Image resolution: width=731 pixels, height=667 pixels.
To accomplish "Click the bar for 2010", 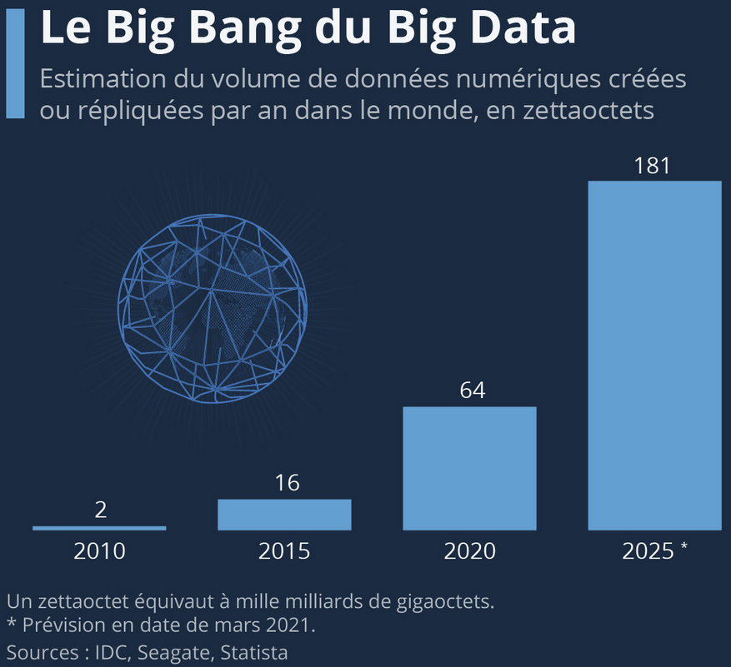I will (99, 528).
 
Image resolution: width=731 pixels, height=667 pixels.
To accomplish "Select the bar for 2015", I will (284, 515).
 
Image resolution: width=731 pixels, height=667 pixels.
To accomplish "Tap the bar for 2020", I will (469, 468).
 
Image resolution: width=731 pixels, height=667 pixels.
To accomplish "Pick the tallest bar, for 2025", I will (654, 356).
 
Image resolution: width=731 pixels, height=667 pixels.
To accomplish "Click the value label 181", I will (652, 166).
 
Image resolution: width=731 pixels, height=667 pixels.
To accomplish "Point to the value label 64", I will (473, 391).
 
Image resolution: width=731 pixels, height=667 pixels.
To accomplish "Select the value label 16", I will (287, 484).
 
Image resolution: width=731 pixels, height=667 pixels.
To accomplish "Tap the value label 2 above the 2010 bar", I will (101, 510).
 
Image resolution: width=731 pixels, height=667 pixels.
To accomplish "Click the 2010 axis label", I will (99, 551).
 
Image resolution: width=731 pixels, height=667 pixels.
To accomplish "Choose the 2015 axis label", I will (284, 551).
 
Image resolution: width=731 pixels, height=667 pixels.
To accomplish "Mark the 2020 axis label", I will (469, 551).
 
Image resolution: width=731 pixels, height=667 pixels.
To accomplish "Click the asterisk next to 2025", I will (683, 548).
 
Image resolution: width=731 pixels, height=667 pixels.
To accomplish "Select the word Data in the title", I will (523, 27).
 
